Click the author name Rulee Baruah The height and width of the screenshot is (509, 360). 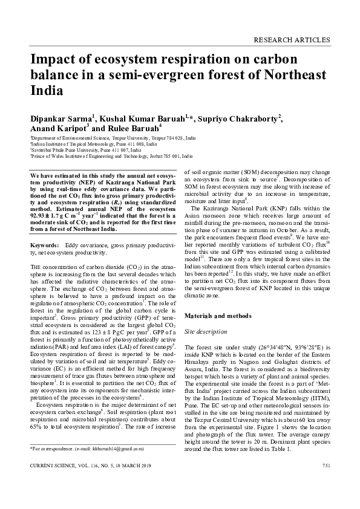pyautogui.click(x=141, y=128)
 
